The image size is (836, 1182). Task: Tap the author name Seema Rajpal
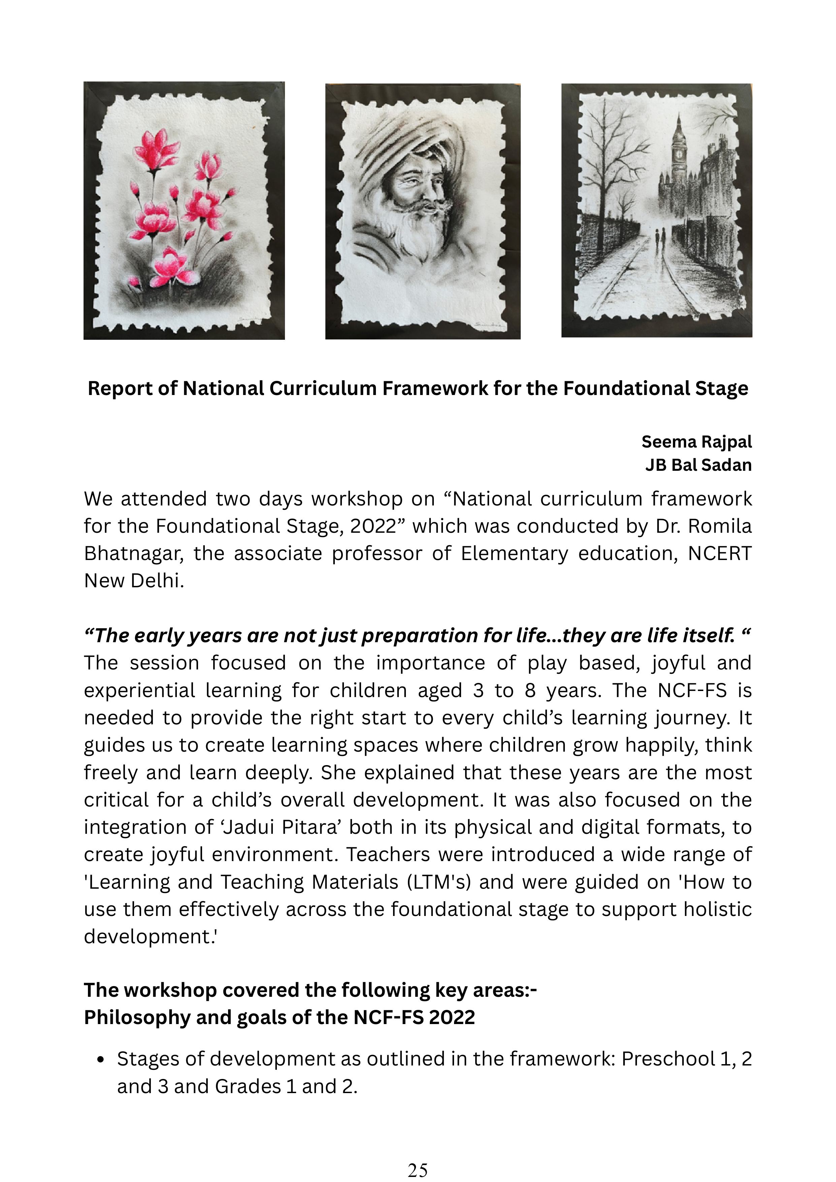696,442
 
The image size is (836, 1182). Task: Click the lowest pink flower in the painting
168,266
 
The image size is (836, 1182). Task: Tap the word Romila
719,526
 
